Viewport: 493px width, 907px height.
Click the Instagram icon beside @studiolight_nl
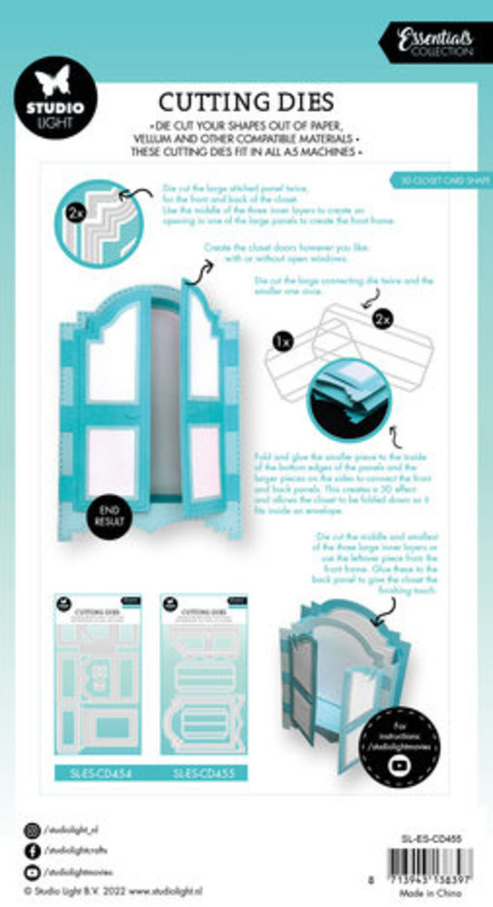[x=33, y=828]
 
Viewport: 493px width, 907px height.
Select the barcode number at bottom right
[x=424, y=880]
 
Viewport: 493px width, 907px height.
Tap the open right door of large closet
[x=203, y=390]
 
